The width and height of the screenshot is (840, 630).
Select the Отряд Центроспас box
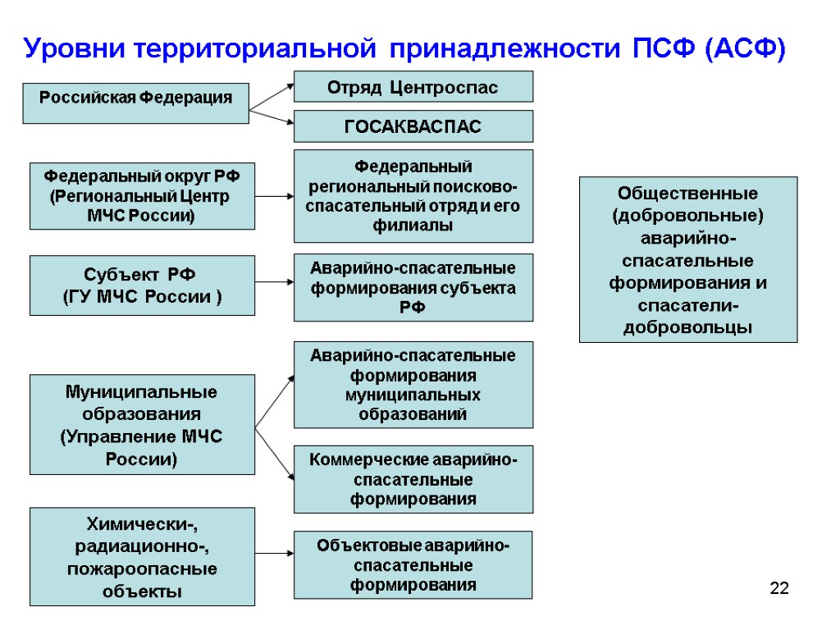[413, 86]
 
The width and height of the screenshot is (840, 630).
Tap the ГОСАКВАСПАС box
[413, 126]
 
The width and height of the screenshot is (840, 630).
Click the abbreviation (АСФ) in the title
[744, 49]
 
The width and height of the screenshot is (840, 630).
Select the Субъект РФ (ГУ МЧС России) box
[142, 285]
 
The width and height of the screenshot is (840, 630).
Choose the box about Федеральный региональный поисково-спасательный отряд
[413, 195]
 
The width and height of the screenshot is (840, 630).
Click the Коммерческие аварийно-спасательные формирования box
[413, 479]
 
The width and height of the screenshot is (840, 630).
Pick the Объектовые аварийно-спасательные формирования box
[413, 564]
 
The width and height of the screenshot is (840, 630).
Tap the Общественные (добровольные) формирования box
[687, 259]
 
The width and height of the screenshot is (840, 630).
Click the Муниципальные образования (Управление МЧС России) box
[142, 425]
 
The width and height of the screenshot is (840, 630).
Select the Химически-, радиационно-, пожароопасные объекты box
[142, 556]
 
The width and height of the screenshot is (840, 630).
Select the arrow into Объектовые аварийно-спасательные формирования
[274, 554]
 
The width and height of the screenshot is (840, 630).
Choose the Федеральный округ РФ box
[142, 195]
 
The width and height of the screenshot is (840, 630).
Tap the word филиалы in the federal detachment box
[413, 226]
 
